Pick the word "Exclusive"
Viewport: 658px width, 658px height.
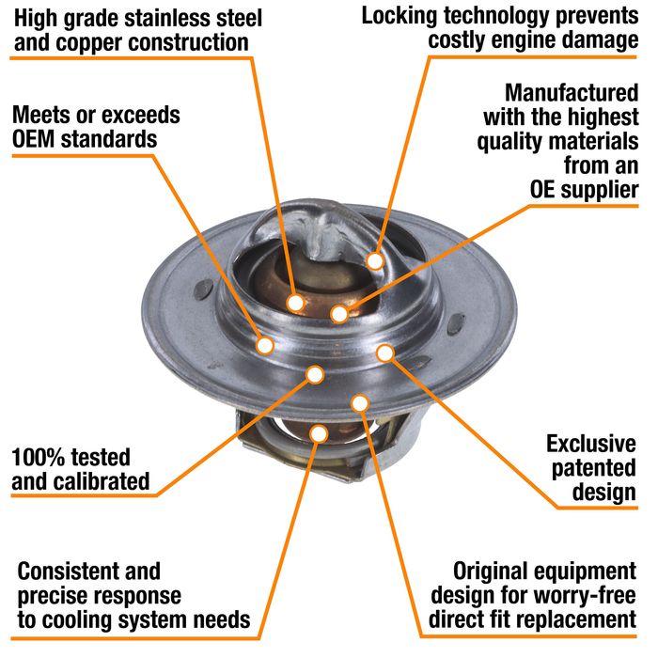[x=591, y=444]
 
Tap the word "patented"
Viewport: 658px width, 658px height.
[x=593, y=469]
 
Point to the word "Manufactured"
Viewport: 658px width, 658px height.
[x=572, y=93]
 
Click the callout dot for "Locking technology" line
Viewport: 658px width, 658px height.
[x=375, y=261]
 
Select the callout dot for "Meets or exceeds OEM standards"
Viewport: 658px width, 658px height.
[x=265, y=346]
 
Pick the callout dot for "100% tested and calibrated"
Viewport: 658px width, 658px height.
[x=315, y=374]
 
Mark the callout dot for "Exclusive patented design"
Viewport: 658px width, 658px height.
[x=384, y=353]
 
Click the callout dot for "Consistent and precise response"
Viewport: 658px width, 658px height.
[x=319, y=433]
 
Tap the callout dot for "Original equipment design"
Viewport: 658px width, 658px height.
[x=360, y=403]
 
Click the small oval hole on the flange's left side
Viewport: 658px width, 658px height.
[x=204, y=290]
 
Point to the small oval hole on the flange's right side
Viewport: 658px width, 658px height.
[x=456, y=323]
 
